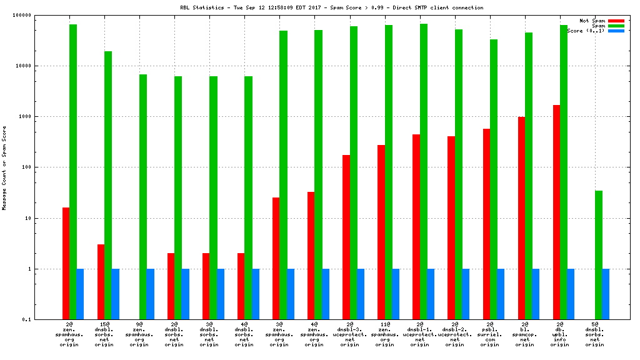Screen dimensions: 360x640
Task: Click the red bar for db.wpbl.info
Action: pyautogui.click(x=556, y=212)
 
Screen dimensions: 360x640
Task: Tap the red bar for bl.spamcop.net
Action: pyautogui.click(x=521, y=218)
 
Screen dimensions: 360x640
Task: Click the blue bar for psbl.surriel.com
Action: pyautogui.click(x=501, y=294)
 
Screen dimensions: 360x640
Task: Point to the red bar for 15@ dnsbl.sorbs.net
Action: pyautogui.click(x=101, y=282)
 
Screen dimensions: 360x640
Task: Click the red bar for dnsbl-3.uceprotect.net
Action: pyautogui.click(x=346, y=237)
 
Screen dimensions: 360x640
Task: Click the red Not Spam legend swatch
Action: pyautogui.click(x=616, y=21)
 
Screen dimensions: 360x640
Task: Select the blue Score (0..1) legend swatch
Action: pyautogui.click(x=616, y=31)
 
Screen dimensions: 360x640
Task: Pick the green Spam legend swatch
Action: pyautogui.click(x=616, y=26)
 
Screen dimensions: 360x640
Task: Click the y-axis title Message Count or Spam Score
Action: pyautogui.click(x=4, y=167)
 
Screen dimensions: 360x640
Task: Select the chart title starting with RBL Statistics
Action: pyautogui.click(x=331, y=8)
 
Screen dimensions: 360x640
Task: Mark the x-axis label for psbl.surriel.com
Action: pyautogui.click(x=489, y=335)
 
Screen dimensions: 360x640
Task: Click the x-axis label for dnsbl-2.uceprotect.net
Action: pyautogui.click(x=454, y=335)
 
